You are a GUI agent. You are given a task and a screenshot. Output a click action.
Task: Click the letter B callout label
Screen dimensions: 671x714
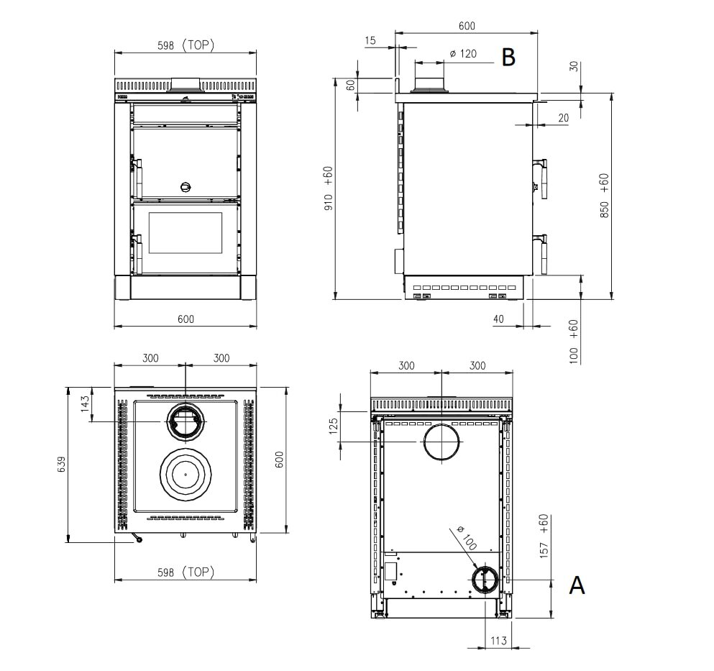pos(508,58)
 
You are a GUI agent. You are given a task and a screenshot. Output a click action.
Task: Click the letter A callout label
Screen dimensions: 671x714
pos(577,585)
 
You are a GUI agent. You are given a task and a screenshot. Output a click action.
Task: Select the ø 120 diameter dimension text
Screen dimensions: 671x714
pos(463,54)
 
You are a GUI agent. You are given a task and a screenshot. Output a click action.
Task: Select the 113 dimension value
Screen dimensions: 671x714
pos(498,640)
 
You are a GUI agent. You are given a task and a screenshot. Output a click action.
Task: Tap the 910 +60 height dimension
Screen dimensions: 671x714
pos(329,188)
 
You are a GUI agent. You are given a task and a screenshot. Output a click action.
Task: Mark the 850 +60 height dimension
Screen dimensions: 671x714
pos(604,196)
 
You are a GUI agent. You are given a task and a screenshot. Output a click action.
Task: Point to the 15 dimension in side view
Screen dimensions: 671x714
pos(370,41)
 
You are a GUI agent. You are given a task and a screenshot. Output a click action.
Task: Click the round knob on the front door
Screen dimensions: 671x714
pos(186,187)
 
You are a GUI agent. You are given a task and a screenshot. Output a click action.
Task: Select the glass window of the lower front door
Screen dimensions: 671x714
pos(185,233)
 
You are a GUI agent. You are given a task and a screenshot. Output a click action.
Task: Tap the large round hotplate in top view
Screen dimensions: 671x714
pos(185,474)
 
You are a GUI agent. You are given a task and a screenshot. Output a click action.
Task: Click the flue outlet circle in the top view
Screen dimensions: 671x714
pos(185,421)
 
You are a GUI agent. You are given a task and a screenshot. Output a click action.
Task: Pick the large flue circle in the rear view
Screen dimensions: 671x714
pos(441,441)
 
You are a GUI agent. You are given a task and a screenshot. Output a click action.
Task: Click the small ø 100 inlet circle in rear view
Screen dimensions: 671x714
pos(484,579)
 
